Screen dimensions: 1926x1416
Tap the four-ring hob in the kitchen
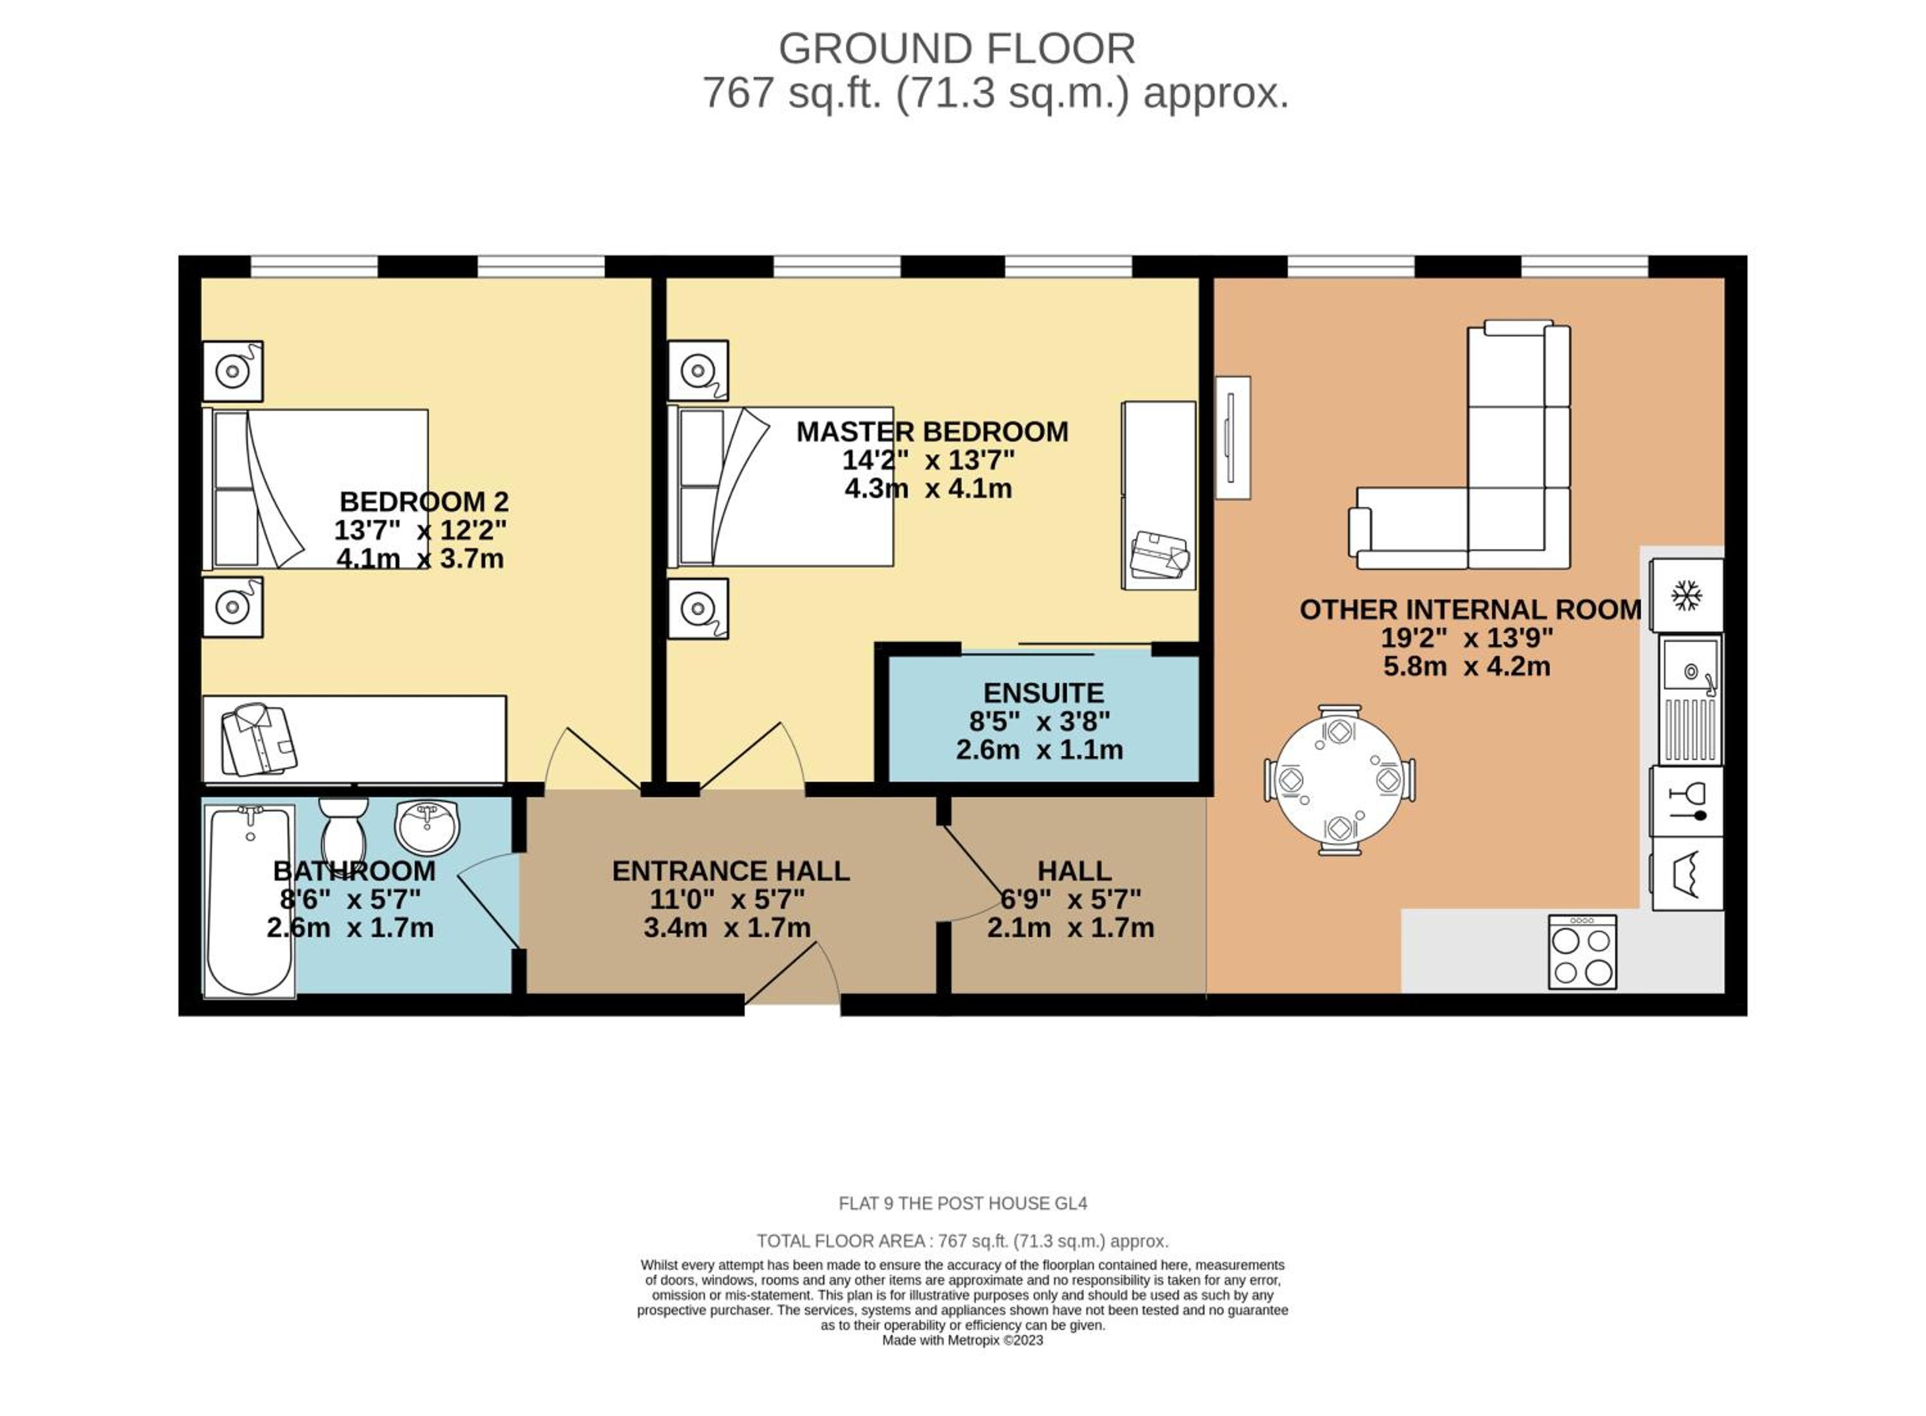pyautogui.click(x=1581, y=951)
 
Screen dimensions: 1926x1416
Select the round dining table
pyautogui.click(x=1339, y=780)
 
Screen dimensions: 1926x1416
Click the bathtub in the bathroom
pyautogui.click(x=250, y=900)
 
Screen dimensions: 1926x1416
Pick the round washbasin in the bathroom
pyautogui.click(x=427, y=827)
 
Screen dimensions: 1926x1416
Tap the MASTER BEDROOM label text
pyautogui.click(x=932, y=431)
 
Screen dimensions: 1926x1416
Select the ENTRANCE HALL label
pyautogui.click(x=731, y=871)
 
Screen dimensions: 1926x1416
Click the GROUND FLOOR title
pyautogui.click(x=957, y=49)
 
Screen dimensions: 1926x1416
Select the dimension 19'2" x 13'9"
pyautogui.click(x=1466, y=638)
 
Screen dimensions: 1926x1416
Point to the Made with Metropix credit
pyautogui.click(x=962, y=1340)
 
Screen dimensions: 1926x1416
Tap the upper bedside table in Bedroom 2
pyautogui.click(x=232, y=371)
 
